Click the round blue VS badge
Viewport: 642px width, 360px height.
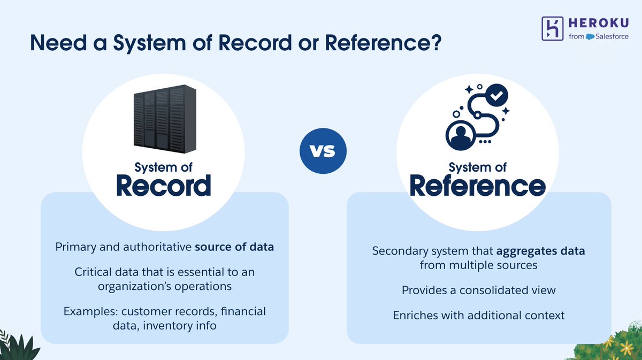(x=323, y=150)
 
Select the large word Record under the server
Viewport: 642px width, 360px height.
(x=164, y=186)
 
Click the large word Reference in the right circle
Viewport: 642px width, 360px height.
(x=478, y=186)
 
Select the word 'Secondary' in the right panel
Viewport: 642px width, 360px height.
(x=397, y=251)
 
